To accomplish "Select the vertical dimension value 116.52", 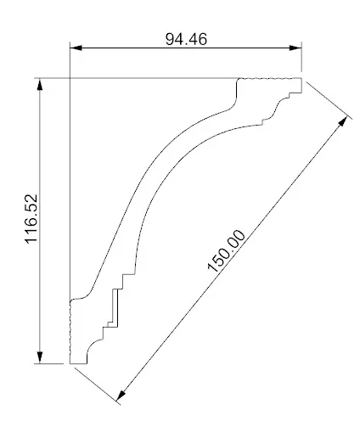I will (31, 220).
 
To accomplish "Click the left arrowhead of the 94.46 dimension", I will (74, 47).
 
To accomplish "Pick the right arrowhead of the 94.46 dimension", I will (297, 47).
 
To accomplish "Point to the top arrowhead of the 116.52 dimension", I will (40, 84).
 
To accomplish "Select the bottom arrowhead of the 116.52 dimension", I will (40, 359).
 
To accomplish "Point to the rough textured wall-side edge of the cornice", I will (70, 331).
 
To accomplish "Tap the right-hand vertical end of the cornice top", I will (302, 86).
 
